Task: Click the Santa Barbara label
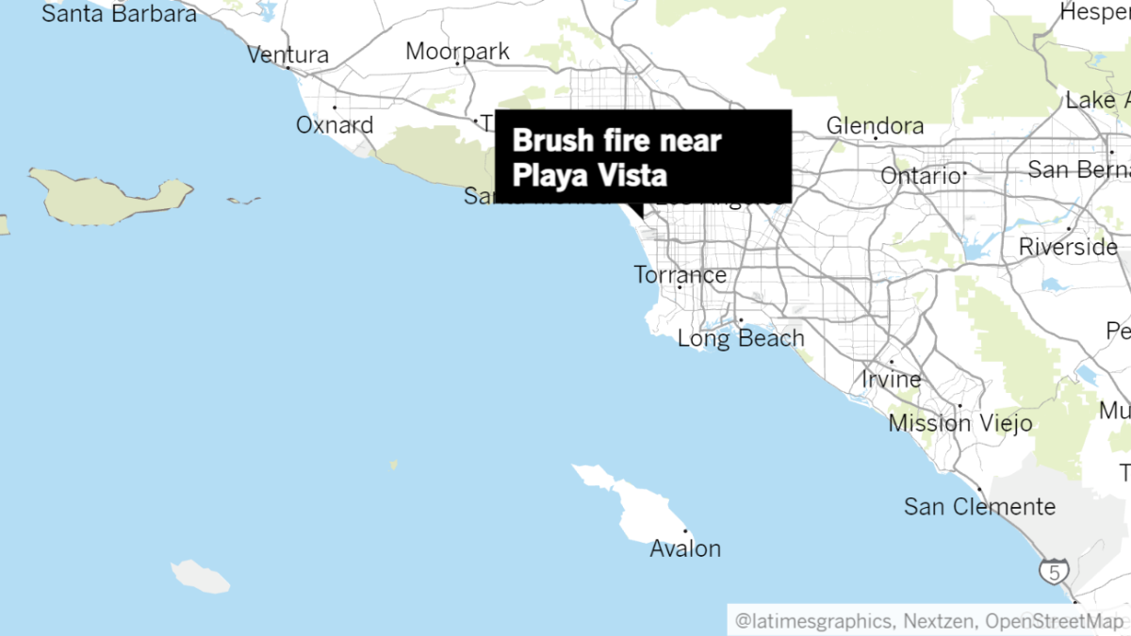[119, 14]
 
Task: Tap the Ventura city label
[288, 55]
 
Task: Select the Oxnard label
[335, 124]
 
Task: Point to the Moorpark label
[457, 51]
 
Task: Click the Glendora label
[875, 125]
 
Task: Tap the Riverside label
[1068, 247]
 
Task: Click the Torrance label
[680, 275]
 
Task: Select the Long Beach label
[741, 338]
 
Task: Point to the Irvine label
[892, 379]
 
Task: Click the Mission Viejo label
[959, 423]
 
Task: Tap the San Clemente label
[979, 506]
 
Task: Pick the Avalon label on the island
[685, 548]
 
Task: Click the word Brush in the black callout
[546, 141]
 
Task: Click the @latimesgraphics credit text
[813, 621]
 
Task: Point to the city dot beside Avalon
[686, 531]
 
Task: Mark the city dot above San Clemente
[980, 489]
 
